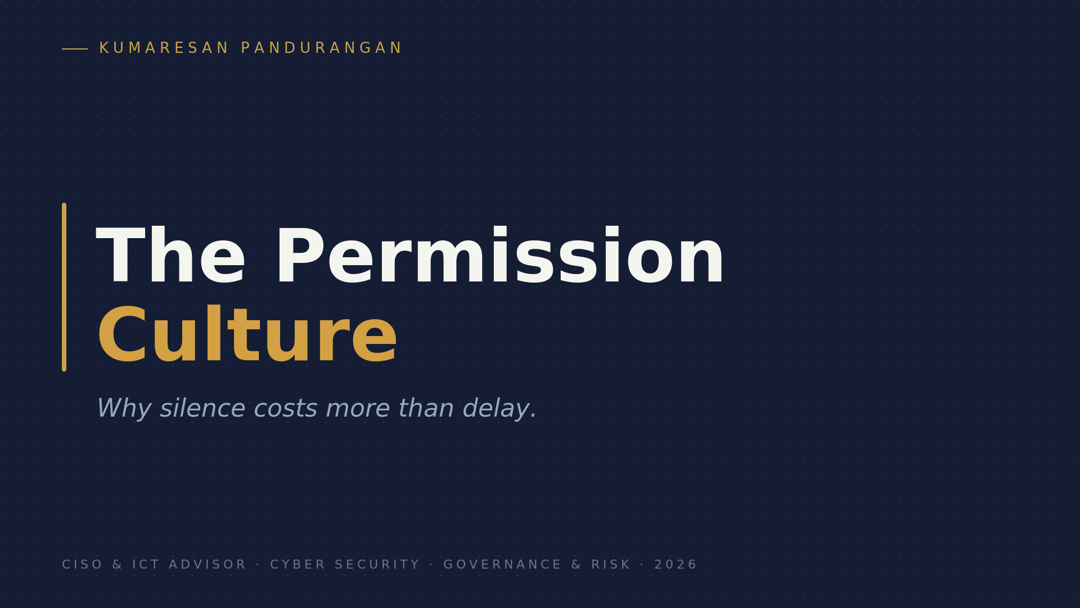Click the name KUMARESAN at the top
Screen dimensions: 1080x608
tap(164, 48)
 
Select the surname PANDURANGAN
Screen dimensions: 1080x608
tap(321, 48)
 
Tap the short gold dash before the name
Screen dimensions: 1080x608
tap(75, 49)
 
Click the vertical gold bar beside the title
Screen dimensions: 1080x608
tap(64, 287)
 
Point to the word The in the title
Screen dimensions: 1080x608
tap(171, 256)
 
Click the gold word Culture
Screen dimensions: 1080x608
tap(247, 336)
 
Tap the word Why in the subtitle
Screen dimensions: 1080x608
tap(124, 409)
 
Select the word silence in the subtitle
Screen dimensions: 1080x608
tap(202, 408)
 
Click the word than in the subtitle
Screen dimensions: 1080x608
tap(426, 408)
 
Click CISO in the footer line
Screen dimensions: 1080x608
tap(83, 565)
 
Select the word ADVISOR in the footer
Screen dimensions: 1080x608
tap(208, 565)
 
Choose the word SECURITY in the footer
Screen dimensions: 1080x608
tap(377, 565)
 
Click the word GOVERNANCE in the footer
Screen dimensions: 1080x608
tap(502, 565)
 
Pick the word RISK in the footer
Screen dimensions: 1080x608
tap(611, 565)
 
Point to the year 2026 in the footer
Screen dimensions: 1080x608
tap(676, 565)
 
